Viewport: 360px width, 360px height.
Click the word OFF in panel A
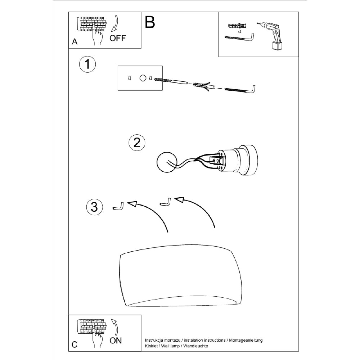tap(118, 38)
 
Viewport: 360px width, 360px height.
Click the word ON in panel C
tap(116, 341)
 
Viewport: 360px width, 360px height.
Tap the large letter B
tap(150, 22)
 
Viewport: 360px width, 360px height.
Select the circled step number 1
tap(87, 64)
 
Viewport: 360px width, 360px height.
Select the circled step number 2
tap(137, 143)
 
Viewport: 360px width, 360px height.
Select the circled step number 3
tap(94, 207)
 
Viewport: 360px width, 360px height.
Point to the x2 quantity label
tap(239, 32)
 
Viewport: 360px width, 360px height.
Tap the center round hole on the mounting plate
tap(143, 78)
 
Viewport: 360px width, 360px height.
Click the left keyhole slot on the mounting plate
tap(130, 78)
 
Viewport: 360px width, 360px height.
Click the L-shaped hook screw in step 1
tap(240, 90)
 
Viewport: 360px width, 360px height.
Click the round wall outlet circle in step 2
tap(167, 162)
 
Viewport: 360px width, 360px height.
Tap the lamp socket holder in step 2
tap(237, 160)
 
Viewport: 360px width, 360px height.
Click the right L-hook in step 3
tap(166, 202)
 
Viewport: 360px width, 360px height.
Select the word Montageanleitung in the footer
tap(246, 341)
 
